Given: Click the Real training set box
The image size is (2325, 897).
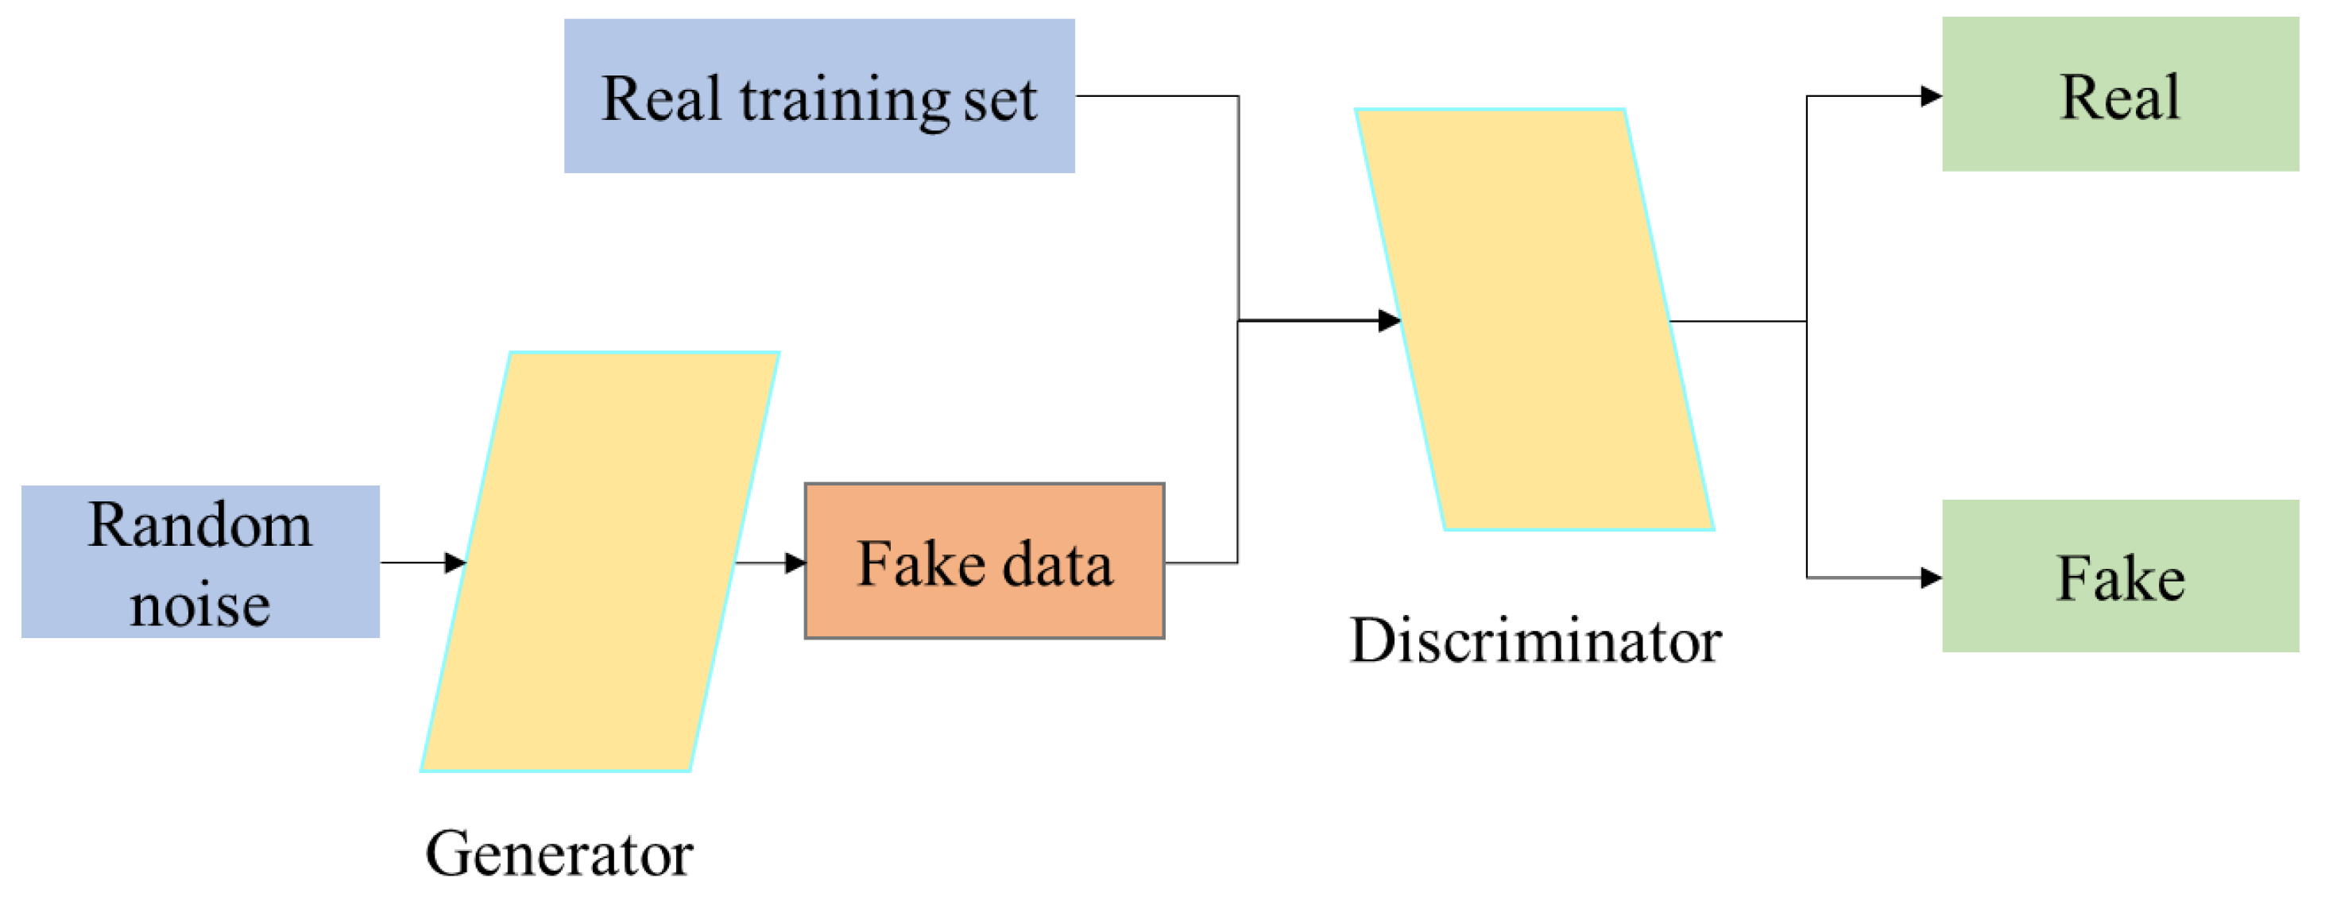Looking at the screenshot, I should point(818,95).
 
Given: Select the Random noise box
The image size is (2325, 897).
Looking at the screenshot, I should point(199,561).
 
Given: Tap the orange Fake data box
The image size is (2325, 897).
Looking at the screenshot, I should point(984,561).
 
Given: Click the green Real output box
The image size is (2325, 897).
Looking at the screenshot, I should point(2119,94).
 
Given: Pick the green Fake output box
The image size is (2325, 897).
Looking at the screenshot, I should point(2119,576).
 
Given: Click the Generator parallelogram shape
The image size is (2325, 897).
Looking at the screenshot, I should point(599,561).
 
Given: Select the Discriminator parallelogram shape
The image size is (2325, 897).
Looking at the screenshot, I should point(1534,319).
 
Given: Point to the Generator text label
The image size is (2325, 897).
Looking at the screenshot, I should point(559,853).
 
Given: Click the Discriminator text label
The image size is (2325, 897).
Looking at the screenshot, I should point(1534,640).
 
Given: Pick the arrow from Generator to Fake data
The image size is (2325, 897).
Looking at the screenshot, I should point(769,563).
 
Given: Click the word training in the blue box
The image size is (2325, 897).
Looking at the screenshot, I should point(844,99).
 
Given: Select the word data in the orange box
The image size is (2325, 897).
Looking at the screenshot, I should point(1057,563).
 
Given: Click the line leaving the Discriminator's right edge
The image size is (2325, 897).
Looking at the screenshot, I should point(1738,320).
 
